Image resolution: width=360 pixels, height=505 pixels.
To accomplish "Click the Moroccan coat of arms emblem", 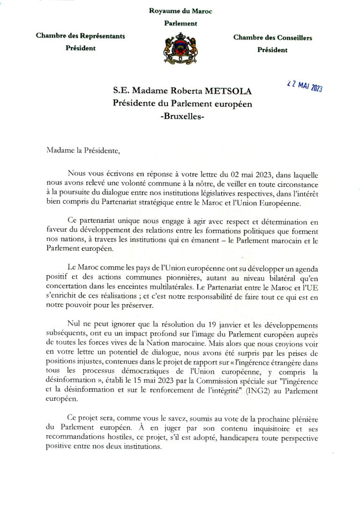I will pyautogui.click(x=180, y=48).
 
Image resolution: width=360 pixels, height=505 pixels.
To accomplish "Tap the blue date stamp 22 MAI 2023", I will pyautogui.click(x=304, y=86).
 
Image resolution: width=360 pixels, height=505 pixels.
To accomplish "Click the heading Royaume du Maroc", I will pyautogui.click(x=180, y=11).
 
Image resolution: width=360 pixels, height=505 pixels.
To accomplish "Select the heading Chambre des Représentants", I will pyautogui.click(x=81, y=36).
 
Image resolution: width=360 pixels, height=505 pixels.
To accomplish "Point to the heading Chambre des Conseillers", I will pyautogui.click(x=272, y=38).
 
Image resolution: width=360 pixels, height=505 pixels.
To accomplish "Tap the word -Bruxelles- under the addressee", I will pyautogui.click(x=182, y=115).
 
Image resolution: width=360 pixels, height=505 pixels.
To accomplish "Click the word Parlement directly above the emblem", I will pyautogui.click(x=180, y=23).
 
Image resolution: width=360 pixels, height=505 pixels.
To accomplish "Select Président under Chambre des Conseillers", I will pyautogui.click(x=272, y=50).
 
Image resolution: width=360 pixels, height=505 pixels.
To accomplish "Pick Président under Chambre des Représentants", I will pyautogui.click(x=81, y=48).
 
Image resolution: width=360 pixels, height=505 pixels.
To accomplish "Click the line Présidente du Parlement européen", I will pyautogui.click(x=182, y=104).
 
